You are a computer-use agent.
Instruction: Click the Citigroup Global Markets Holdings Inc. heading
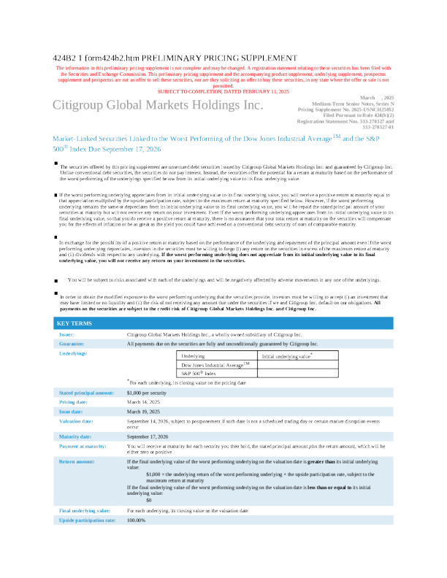[x=157, y=106]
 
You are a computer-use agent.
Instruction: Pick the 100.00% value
[x=137, y=520]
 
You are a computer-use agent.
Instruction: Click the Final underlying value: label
[x=84, y=510]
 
